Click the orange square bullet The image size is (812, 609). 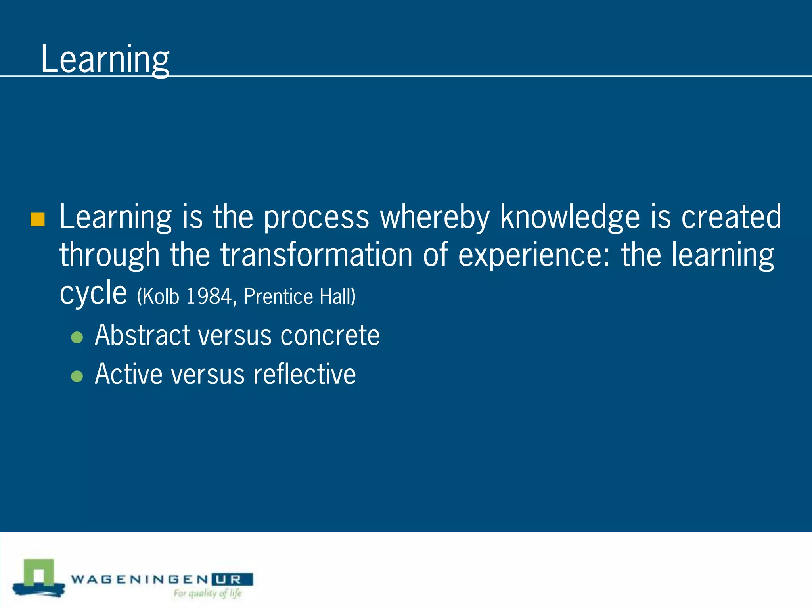38,219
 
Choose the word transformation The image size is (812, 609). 316,255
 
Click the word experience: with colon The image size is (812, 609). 534,255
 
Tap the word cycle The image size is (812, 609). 93,293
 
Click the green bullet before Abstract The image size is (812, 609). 77,337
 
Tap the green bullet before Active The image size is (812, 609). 77,376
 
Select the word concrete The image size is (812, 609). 330,335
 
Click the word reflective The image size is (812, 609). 304,374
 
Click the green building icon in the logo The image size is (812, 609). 38,574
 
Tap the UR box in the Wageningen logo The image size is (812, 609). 232,579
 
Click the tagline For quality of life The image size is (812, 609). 207,594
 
